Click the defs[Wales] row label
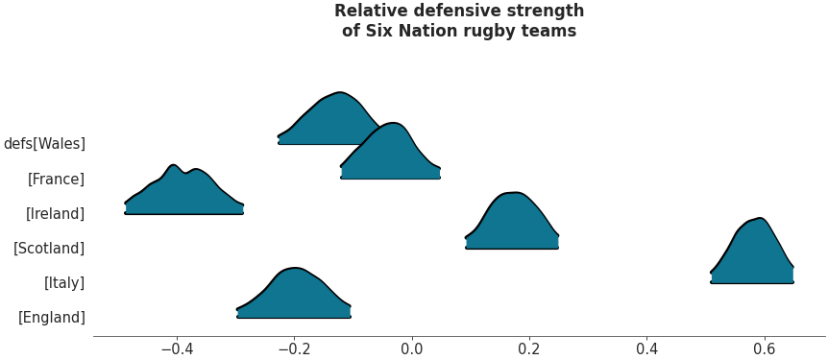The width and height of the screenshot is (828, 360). [44, 144]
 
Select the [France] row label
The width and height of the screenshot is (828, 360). [56, 179]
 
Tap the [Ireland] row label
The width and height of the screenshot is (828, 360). [55, 213]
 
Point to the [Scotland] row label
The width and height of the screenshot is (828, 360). [49, 248]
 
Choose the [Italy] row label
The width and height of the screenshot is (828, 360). [64, 282]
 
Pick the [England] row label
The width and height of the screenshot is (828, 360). [52, 317]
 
